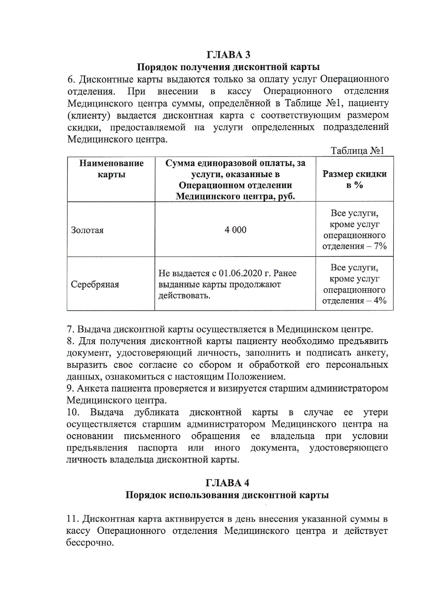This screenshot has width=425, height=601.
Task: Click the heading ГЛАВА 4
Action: pos(227,483)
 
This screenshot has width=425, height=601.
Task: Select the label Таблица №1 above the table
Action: pos(357,151)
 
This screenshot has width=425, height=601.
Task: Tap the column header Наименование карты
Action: pos(111,169)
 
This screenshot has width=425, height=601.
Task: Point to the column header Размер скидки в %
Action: pos(354,179)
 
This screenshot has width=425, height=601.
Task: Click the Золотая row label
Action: pos(87,230)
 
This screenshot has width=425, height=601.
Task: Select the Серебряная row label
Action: pos(95,284)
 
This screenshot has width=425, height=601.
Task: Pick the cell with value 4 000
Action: pos(235,230)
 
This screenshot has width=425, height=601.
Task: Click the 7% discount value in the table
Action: pos(380,246)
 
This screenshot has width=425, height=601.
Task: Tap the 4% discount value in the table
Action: pos(380,300)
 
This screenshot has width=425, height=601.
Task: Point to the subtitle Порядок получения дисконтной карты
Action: pos(228,67)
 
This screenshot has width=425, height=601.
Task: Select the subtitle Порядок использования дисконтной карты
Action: pos(227,495)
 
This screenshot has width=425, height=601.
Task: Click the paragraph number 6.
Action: pos(71,79)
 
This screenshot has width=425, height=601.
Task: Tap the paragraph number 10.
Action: pos(73,412)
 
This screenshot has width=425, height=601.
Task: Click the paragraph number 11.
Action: pos(73,519)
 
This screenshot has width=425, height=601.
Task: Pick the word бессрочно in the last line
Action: pos(89,543)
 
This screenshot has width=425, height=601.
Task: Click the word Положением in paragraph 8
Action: pos(255,377)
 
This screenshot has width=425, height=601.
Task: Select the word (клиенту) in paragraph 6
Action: pos(89,115)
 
